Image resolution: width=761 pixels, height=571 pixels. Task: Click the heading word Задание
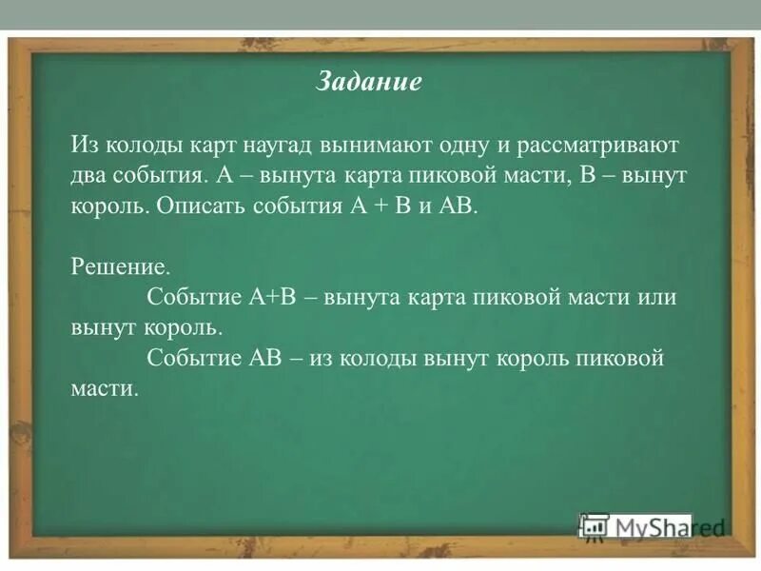coord(368,82)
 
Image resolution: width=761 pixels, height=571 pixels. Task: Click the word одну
coord(464,146)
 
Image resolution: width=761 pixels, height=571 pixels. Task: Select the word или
coord(658,297)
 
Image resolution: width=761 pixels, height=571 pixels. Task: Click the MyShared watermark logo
coord(652,526)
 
